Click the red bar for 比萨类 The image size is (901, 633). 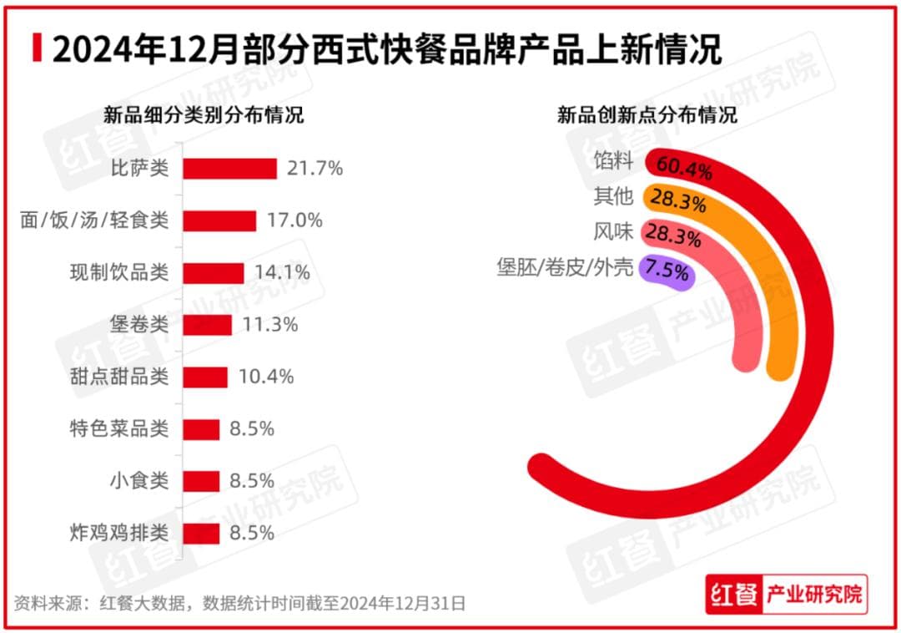pos(229,169)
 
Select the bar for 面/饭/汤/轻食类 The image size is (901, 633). pos(219,220)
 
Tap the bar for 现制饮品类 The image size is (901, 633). pos(214,273)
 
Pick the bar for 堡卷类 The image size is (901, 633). pos(207,325)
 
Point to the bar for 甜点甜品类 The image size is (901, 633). pos(205,377)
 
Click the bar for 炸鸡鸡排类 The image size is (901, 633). pos(201,533)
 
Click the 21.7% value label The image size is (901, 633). pos(315,169)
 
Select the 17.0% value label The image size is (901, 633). pos(294,220)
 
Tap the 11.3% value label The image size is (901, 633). pos(270,325)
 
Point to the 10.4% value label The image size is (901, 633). pos(266,377)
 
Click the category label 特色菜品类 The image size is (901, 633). pos(118,429)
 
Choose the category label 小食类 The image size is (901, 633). pos(139,481)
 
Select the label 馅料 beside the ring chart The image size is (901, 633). pos(614,160)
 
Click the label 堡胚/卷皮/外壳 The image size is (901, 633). pos(565,268)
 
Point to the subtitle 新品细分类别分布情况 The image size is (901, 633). pos(203,115)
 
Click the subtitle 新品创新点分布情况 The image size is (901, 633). pos(647,115)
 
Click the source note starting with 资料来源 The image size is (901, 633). pos(239,602)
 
